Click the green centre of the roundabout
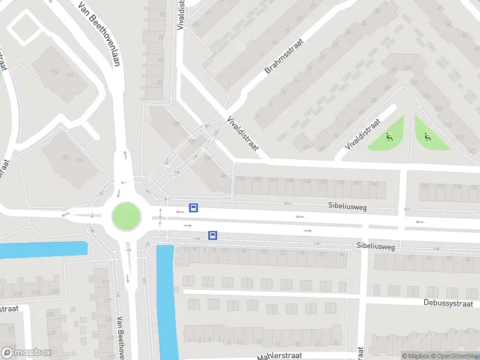pyautogui.click(x=126, y=215)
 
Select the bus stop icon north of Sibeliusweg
pyautogui.click(x=194, y=208)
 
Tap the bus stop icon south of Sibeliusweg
pyautogui.click(x=212, y=235)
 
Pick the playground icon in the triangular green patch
pyautogui.click(x=427, y=136)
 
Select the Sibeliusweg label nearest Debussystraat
pyautogui.click(x=376, y=246)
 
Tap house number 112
pyautogui.click(x=55, y=73)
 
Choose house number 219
pyautogui.click(x=37, y=292)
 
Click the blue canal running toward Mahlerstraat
pyautogui.click(x=167, y=300)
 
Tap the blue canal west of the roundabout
pyautogui.click(x=42, y=250)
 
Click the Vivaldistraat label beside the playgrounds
pyautogui.click(x=363, y=135)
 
